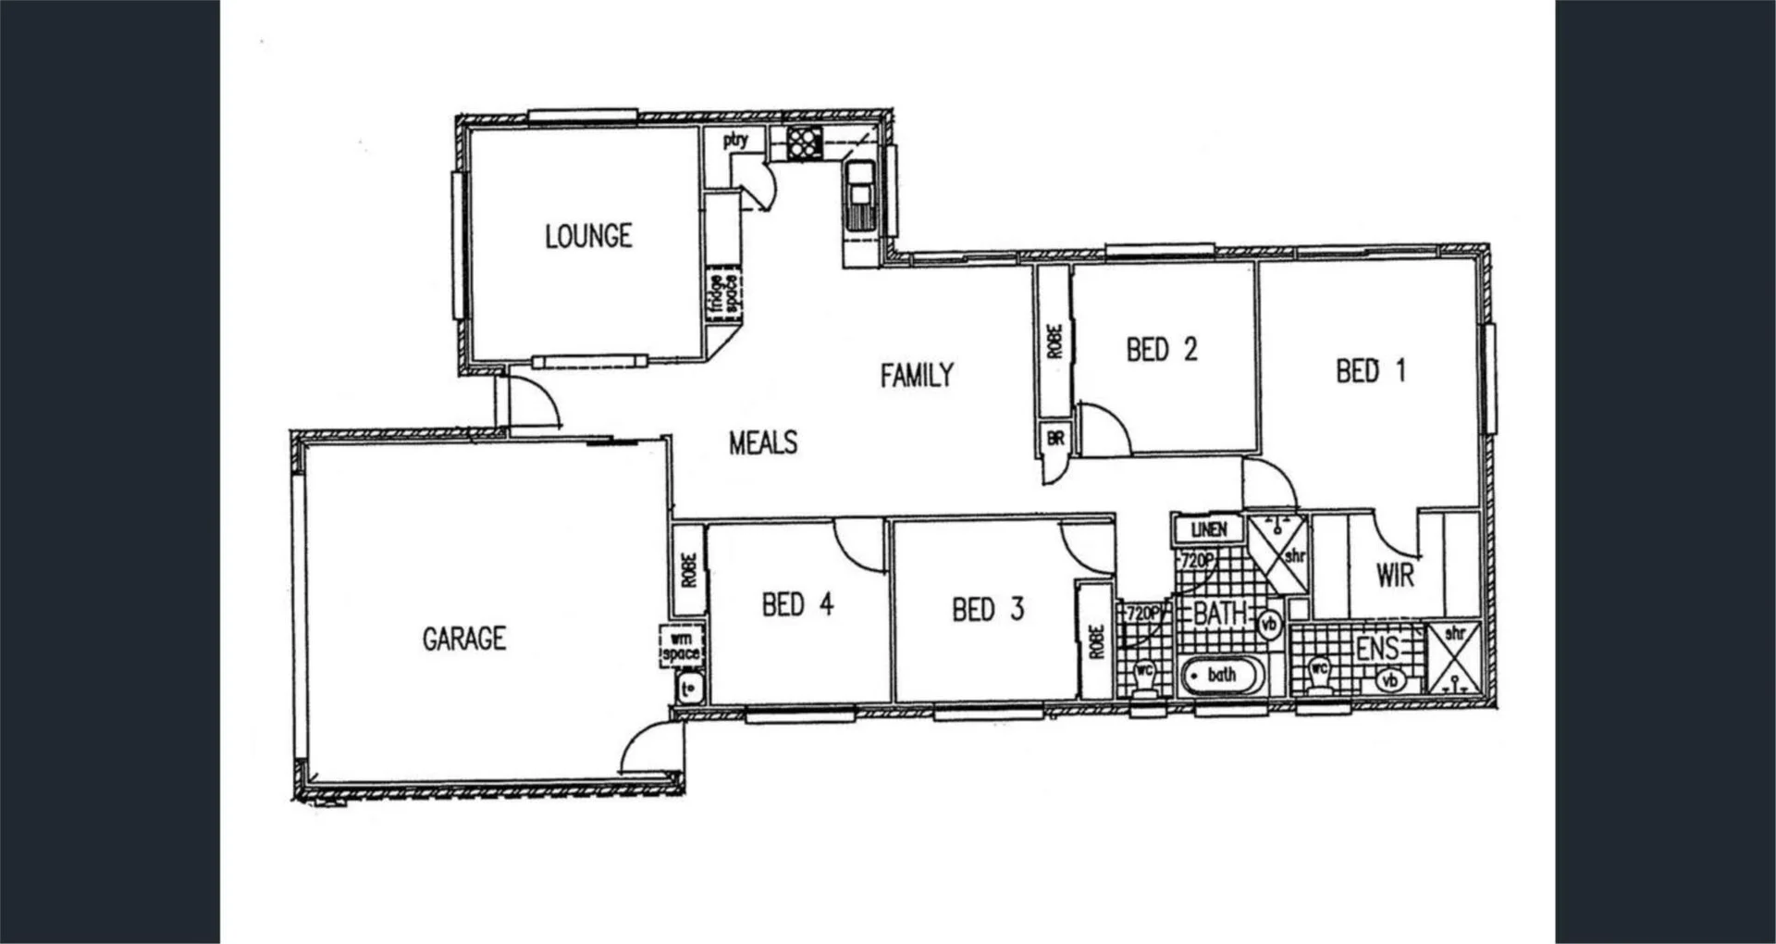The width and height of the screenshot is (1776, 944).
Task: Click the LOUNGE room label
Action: (x=588, y=237)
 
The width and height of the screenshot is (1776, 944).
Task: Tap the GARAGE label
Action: (x=463, y=639)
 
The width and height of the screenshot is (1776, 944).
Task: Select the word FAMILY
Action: (x=916, y=375)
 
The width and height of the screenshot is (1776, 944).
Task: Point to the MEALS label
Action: (x=762, y=442)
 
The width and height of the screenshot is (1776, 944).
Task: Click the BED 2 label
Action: (x=1161, y=350)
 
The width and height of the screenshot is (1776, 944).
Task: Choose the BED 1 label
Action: (x=1370, y=371)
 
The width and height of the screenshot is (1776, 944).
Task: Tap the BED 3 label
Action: (x=988, y=609)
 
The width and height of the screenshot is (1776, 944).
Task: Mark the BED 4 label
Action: (x=797, y=605)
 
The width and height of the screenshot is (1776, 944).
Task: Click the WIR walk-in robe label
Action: (x=1395, y=576)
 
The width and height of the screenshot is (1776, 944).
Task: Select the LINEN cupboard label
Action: (x=1208, y=529)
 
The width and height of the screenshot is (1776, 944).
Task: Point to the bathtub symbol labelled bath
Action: (x=1221, y=676)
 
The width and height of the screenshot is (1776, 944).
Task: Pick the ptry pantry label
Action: (x=735, y=141)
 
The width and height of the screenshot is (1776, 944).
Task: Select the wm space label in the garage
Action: (x=681, y=646)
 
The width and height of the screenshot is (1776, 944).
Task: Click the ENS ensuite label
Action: (x=1376, y=649)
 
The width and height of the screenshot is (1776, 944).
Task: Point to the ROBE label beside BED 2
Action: (x=1054, y=341)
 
